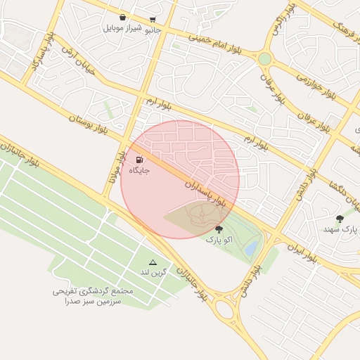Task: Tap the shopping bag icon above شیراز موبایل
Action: (124, 17)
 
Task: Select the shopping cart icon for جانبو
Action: (153, 20)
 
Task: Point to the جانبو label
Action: (153, 30)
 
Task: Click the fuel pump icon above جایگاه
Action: (138, 160)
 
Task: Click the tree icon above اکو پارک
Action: (219, 229)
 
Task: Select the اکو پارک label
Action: (218, 240)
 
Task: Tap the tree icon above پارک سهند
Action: (340, 219)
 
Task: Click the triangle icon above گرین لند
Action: (153, 262)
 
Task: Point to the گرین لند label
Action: (153, 272)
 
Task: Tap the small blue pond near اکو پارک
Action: (251, 248)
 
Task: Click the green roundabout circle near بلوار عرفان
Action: (264, 59)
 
